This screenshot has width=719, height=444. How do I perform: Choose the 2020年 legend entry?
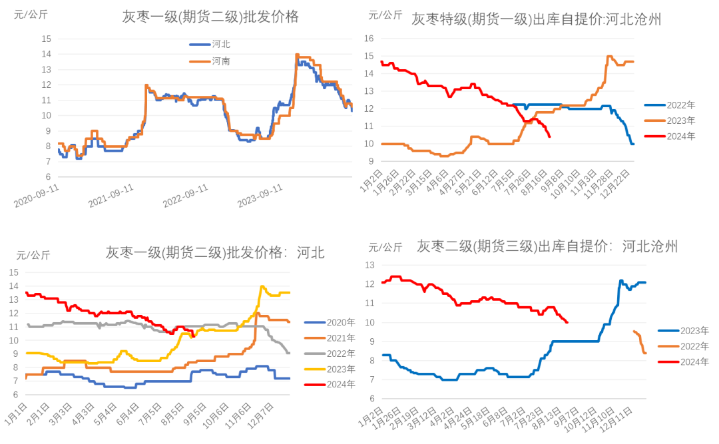point(336,324)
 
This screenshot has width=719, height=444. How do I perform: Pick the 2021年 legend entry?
point(336,338)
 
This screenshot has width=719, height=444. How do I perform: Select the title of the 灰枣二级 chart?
point(547,247)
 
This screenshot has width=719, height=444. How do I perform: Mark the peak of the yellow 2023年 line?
point(262,286)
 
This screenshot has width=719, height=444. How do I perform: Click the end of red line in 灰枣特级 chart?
point(549,137)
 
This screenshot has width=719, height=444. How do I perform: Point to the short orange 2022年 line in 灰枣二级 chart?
point(639,339)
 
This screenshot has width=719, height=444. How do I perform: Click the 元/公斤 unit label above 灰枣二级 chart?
point(385,247)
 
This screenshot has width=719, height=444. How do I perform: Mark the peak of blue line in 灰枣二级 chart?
point(620,281)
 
